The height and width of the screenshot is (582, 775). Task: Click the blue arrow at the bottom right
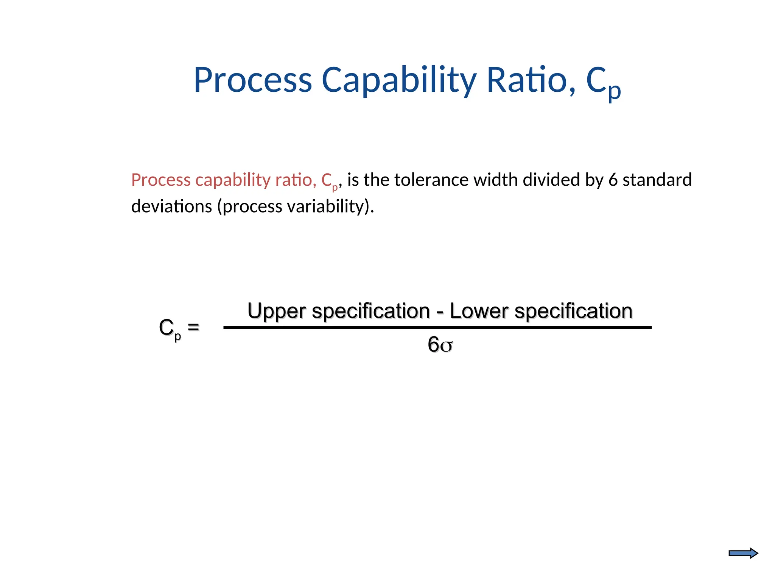[x=743, y=554]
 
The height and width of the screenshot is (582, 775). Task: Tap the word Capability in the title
[x=399, y=81]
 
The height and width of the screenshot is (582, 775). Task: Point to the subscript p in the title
[x=615, y=91]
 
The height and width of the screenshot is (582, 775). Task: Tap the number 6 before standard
[x=613, y=180]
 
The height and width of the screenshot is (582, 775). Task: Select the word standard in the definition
[x=657, y=180]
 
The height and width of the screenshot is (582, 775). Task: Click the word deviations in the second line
[x=171, y=207]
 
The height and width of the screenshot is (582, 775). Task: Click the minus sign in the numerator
[x=440, y=313]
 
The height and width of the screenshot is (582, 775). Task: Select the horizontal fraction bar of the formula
[x=437, y=327]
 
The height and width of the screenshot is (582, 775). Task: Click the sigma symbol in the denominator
[x=447, y=346]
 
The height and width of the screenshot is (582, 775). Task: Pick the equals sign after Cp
[x=193, y=327]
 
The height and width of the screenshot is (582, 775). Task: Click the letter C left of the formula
[x=166, y=327]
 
